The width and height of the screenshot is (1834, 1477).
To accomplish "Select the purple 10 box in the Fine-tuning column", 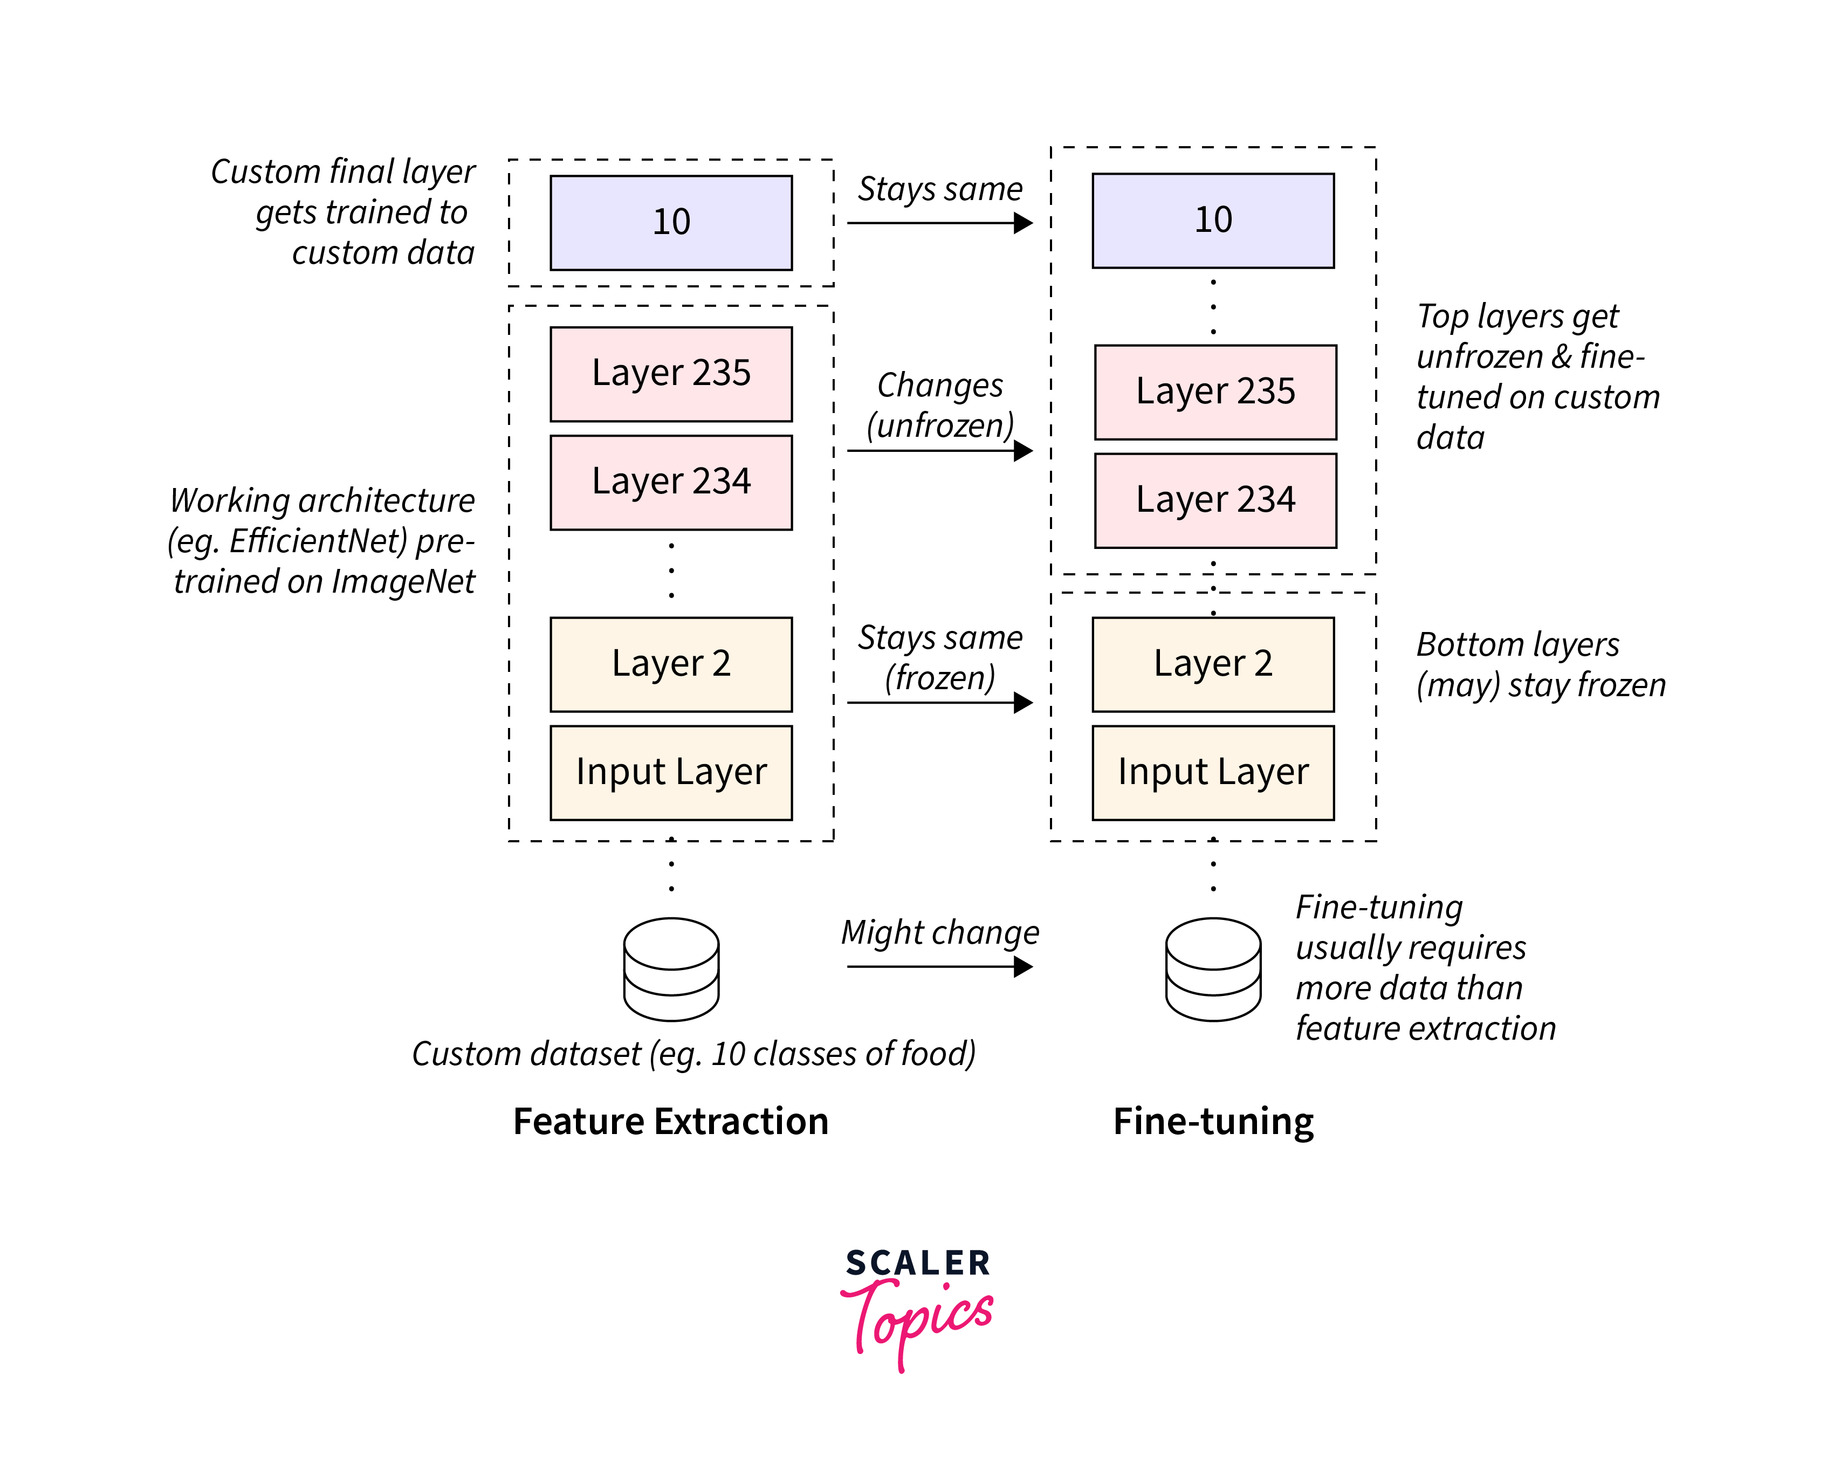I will (1212, 221).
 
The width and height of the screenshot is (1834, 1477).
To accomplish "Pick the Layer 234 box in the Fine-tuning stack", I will (1215, 500).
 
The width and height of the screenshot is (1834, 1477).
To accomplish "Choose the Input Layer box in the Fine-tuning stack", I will (1212, 773).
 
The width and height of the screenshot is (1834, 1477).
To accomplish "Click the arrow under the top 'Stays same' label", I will (939, 223).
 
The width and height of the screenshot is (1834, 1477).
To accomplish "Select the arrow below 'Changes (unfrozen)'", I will (939, 450).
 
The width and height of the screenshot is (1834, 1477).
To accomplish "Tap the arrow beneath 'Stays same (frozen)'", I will (939, 702).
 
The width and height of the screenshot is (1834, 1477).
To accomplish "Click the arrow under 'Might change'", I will (939, 966).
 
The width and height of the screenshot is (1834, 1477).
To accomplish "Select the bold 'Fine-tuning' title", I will (1213, 1121).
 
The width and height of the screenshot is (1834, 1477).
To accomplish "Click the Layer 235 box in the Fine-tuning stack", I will (1215, 392).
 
